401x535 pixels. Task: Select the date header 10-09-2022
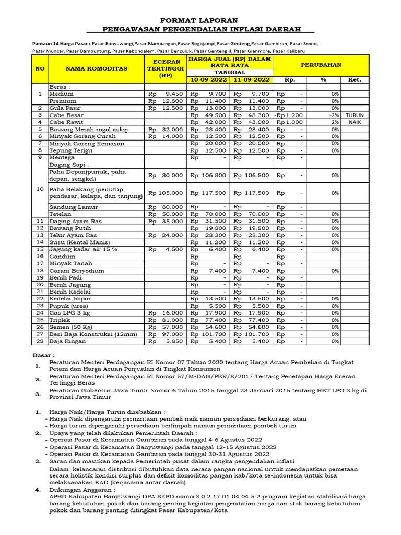[x=208, y=79]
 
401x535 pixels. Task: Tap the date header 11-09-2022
[x=252, y=79]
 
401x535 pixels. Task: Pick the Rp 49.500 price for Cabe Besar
[x=208, y=115]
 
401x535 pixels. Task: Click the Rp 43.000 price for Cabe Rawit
[x=252, y=122]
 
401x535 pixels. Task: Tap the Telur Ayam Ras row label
[x=73, y=235]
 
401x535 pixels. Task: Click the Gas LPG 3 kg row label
[x=69, y=313]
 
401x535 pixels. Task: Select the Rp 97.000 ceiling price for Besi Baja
[x=166, y=334]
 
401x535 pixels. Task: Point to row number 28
[x=40, y=341]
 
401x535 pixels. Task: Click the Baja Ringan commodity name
[x=66, y=341]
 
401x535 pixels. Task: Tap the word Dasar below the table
[x=43, y=355]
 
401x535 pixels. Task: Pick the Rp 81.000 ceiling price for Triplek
[x=166, y=320]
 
